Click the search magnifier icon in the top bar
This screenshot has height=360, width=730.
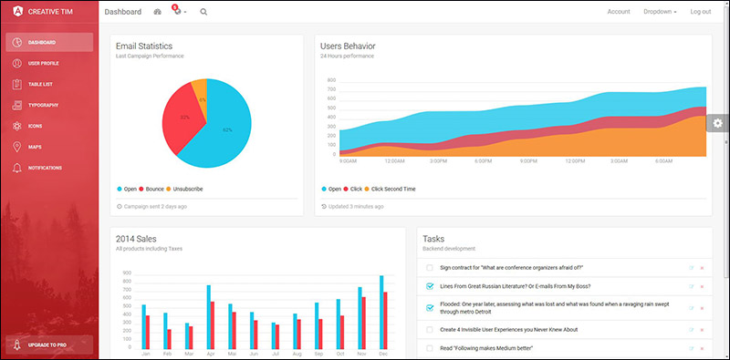tap(203, 12)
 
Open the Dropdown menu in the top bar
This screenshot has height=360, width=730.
tap(660, 12)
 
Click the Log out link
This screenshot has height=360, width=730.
tap(701, 12)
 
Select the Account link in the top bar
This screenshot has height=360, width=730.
tap(619, 12)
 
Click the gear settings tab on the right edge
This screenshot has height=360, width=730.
tap(718, 123)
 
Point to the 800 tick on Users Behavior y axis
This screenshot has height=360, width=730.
tap(331, 80)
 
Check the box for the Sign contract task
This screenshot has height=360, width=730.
tap(430, 268)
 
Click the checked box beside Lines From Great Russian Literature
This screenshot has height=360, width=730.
tap(430, 286)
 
